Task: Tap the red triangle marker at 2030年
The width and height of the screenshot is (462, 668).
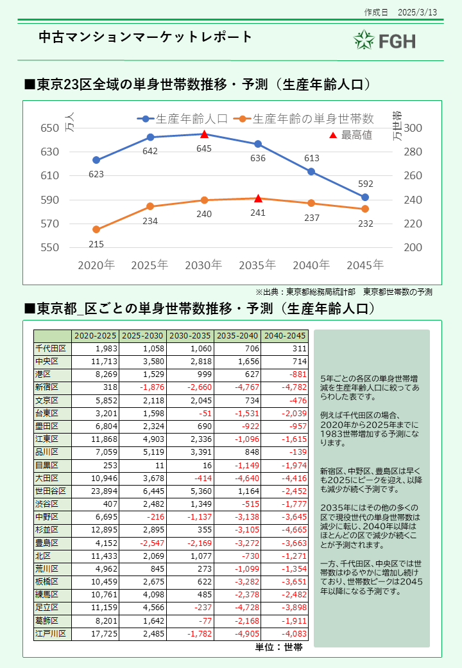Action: (x=204, y=134)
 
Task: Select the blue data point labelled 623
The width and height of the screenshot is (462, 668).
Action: (x=96, y=160)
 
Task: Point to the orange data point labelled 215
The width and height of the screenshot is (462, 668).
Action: (x=96, y=229)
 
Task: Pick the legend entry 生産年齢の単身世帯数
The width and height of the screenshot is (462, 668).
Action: (x=305, y=119)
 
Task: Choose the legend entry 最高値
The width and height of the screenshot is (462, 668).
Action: (x=350, y=135)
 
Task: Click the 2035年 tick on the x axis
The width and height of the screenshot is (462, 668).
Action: (x=257, y=265)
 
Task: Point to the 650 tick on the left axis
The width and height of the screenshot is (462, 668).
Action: (x=50, y=128)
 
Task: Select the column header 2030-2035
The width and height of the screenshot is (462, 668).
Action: (x=190, y=336)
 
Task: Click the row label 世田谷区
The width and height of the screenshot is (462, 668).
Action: (x=52, y=491)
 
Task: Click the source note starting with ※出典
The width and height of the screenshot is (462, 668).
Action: (x=344, y=292)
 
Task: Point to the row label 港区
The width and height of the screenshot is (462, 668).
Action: (x=52, y=374)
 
